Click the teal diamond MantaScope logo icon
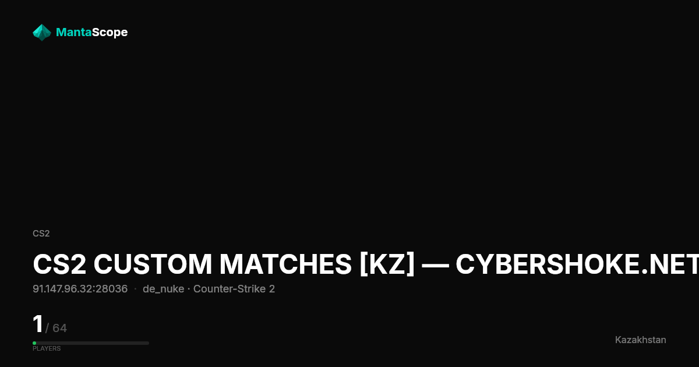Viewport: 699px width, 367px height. (42, 33)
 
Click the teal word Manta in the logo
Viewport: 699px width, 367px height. (73, 32)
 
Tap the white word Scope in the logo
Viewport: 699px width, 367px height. (110, 33)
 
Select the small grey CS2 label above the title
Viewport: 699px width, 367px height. (41, 234)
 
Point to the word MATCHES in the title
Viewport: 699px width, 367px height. (285, 264)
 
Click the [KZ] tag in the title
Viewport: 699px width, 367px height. (387, 264)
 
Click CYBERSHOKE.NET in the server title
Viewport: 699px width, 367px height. (577, 264)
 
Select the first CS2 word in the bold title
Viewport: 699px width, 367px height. (59, 264)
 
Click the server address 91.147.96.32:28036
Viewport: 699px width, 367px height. (80, 289)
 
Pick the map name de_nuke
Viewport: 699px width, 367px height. (163, 290)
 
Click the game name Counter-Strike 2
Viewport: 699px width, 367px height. (234, 289)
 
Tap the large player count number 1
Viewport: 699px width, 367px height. (38, 324)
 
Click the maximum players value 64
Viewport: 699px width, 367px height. (59, 328)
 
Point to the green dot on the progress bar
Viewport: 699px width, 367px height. (34, 343)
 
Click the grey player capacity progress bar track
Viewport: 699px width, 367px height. (91, 343)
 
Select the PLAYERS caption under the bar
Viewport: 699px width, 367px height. (47, 348)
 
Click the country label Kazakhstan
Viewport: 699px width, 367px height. (640, 340)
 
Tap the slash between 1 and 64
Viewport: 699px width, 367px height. (47, 329)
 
